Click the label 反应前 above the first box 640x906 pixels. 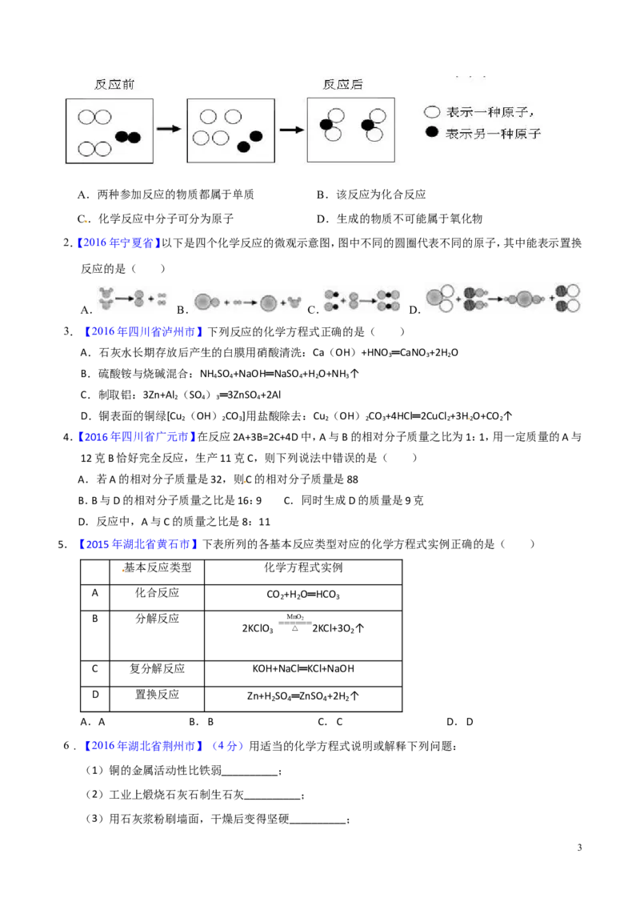(x=114, y=83)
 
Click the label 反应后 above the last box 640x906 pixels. (x=342, y=83)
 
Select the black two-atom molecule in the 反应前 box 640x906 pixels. (x=128, y=137)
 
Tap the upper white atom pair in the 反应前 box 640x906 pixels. (x=94, y=118)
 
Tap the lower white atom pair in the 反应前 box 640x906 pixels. (x=94, y=149)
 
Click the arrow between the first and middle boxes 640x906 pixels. (x=169, y=129)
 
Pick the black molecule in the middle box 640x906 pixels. (x=250, y=141)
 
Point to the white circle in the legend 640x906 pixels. (x=432, y=113)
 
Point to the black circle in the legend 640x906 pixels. (x=432, y=132)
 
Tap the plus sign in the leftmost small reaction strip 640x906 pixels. (x=150, y=299)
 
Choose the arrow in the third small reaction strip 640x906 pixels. (x=363, y=299)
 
